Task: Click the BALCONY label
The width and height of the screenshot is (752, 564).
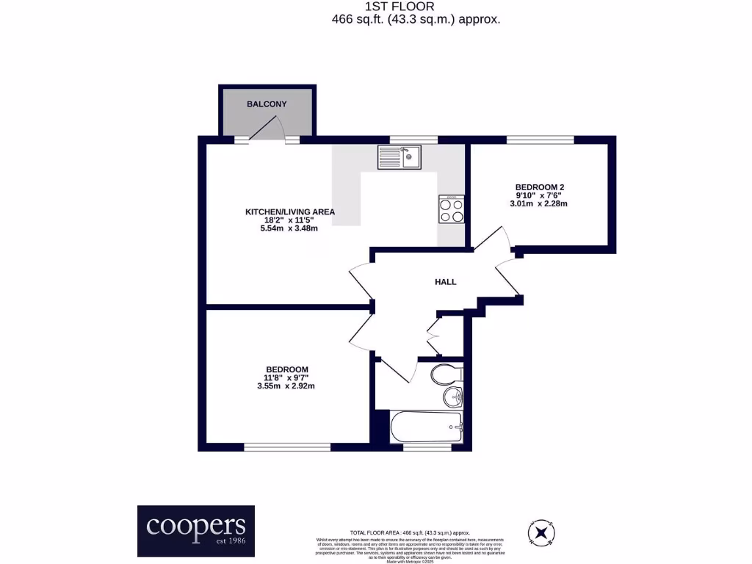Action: point(267,104)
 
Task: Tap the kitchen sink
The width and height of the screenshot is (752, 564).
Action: point(399,157)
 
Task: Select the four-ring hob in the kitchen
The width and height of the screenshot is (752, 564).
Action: point(452,211)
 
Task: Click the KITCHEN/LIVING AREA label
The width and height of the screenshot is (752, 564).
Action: point(290,212)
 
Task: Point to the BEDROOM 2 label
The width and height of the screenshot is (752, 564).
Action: point(539,187)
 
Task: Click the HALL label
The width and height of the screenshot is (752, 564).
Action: point(445,282)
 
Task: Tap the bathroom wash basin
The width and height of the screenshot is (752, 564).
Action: point(452,399)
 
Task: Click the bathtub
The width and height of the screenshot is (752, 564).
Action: point(426,427)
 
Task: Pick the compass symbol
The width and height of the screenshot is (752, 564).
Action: point(541,531)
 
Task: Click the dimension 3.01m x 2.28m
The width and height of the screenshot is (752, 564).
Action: point(539,203)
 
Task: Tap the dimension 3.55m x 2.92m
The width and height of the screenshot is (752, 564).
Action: point(286,386)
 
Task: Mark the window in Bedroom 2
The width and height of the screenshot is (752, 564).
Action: point(540,140)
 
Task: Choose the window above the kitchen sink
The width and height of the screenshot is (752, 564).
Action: point(413,140)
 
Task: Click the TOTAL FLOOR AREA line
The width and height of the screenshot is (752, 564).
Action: point(410,532)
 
